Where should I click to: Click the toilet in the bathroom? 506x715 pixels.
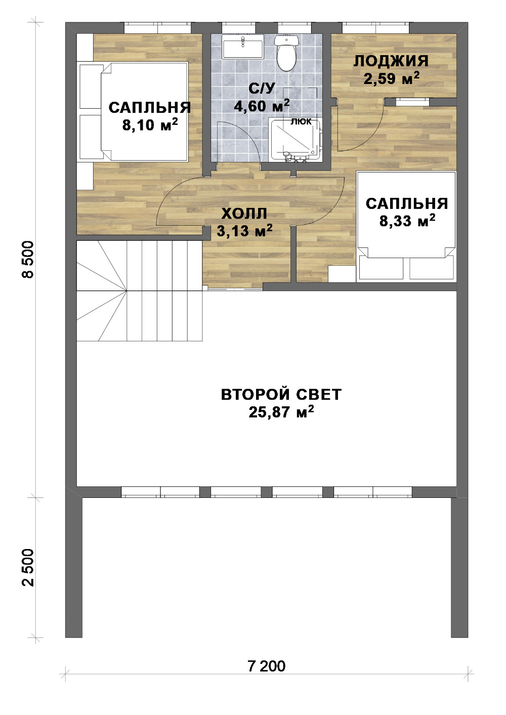click(x=286, y=52)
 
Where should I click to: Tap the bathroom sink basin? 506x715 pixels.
click(x=243, y=47)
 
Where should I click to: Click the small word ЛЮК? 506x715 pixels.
click(x=301, y=121)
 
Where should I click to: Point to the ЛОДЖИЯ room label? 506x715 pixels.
click(x=391, y=61)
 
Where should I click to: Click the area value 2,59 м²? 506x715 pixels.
click(x=392, y=78)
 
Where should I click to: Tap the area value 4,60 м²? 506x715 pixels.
click(x=262, y=106)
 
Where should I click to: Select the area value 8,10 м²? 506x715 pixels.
click(x=150, y=125)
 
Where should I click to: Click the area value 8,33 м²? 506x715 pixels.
click(x=407, y=221)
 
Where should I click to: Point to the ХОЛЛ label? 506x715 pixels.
click(x=244, y=214)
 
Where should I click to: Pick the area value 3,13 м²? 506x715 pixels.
click(x=244, y=230)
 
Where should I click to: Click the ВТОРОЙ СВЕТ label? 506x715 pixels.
click(x=281, y=395)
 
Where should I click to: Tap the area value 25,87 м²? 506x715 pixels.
click(x=281, y=412)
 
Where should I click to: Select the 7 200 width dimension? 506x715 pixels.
click(x=267, y=666)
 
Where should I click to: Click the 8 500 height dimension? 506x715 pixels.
click(x=28, y=260)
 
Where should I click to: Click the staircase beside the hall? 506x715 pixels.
click(x=140, y=291)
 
